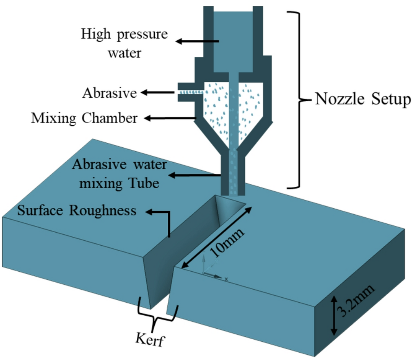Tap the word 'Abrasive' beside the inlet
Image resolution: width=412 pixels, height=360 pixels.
pos(110,93)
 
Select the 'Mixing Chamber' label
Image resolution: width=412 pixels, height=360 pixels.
pos(84,118)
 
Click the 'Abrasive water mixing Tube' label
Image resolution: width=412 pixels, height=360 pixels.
pos(119,174)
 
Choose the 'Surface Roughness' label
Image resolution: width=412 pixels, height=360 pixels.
pos(77,211)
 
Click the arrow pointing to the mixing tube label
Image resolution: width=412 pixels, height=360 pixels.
pos(195,175)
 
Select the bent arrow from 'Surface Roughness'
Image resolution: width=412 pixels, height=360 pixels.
pos(161,220)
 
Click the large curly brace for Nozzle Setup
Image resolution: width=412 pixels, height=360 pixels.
pos(299,99)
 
